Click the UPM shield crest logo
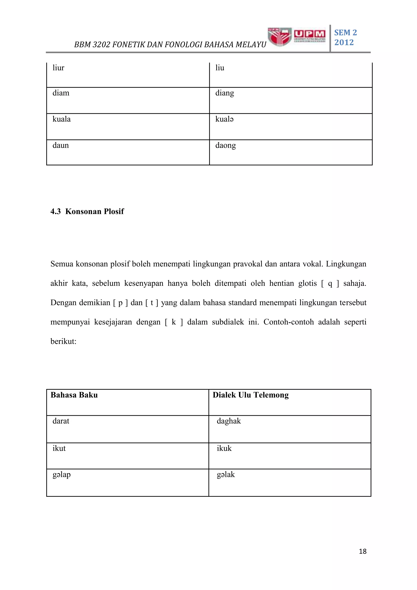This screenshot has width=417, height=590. [x=279, y=37]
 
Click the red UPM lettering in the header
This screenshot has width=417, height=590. [x=309, y=34]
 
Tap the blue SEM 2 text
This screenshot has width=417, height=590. [x=345, y=33]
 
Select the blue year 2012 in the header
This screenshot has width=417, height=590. [x=344, y=42]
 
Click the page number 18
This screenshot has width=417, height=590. [x=363, y=551]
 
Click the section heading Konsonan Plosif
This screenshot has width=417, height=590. [x=94, y=211]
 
